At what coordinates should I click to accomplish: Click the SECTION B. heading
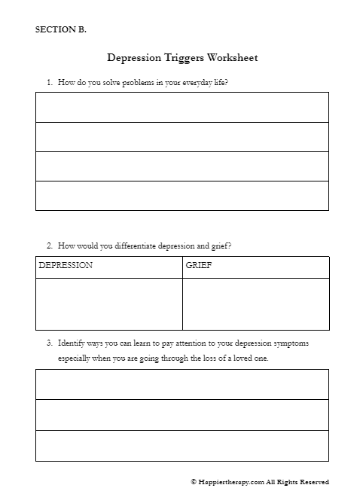[x=61, y=30]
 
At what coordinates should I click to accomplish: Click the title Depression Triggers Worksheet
[x=183, y=56]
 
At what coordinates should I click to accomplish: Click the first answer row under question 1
[x=182, y=107]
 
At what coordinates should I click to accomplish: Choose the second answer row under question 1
[x=182, y=136]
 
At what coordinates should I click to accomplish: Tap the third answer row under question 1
[x=182, y=166]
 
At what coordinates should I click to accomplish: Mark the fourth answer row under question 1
[x=182, y=195]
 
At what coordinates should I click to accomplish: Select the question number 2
[x=49, y=245]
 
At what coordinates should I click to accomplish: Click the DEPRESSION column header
[x=66, y=266]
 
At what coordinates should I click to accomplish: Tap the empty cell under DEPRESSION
[x=108, y=303]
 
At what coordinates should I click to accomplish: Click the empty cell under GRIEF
[x=255, y=303]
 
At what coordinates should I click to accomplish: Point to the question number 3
[x=49, y=343]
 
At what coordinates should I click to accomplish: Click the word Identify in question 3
[x=72, y=343]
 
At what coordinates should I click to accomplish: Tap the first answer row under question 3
[x=182, y=384]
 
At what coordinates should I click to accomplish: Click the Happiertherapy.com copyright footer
[x=260, y=482]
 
